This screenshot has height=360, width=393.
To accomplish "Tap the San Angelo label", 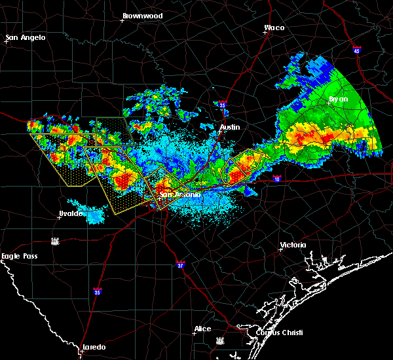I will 26,37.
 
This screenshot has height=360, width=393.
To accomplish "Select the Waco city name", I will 274,27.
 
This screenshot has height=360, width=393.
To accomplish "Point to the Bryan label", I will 338,99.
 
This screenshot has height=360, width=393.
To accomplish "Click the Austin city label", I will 230,127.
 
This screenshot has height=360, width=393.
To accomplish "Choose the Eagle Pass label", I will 21,257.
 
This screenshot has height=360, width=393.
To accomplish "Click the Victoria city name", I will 293,245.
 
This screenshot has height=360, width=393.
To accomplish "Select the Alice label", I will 202,329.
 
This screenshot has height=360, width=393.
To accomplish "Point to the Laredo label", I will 94,346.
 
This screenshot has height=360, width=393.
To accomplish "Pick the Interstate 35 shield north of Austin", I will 222,103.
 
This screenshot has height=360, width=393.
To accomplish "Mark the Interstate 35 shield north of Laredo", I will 97,291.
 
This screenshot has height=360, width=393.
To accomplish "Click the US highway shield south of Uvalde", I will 57,242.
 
